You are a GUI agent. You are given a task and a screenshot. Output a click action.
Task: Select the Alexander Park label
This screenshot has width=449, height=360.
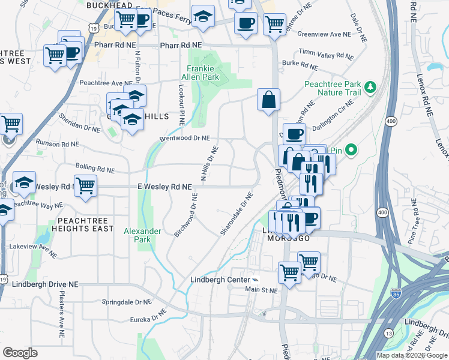pyautogui.click(x=142, y=235)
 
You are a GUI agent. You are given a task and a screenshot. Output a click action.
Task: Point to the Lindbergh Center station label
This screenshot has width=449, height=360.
pyautogui.click(x=220, y=280)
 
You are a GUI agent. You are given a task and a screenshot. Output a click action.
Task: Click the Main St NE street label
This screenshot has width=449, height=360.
pyautogui.click(x=262, y=290)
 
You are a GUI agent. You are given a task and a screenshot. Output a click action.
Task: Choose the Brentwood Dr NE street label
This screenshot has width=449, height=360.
pyautogui.click(x=184, y=138)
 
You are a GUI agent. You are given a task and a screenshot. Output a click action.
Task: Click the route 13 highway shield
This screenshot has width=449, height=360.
pyautogui.click(x=389, y=333)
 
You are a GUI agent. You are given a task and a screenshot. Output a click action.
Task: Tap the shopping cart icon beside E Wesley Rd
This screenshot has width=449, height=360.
pyautogui.click(x=85, y=185)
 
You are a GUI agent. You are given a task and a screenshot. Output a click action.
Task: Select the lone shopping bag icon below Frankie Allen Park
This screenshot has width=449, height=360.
pyautogui.click(x=269, y=100)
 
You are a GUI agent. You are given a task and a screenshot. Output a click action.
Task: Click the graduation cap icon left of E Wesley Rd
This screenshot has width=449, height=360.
pyautogui.click(x=24, y=182)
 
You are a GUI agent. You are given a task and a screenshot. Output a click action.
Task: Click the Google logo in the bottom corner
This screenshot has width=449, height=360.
pyautogui.click(x=20, y=352)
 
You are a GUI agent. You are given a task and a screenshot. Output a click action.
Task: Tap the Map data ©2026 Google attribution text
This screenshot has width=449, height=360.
pyautogui.click(x=411, y=355)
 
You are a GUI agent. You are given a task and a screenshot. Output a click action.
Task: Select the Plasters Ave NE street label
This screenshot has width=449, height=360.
pyautogui.click(x=61, y=311)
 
